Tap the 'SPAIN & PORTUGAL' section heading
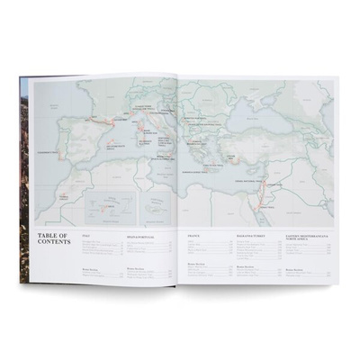pyautogui.click(x=139, y=236)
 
